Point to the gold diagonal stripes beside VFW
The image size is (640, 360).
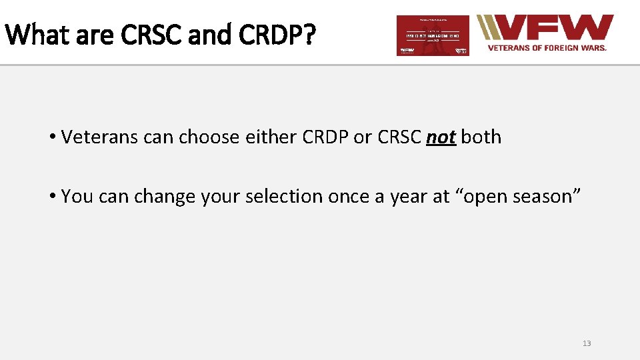click(x=489, y=28)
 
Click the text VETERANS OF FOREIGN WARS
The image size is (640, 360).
click(x=547, y=48)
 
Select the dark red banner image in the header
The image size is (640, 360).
click(x=433, y=35)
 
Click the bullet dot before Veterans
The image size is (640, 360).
click(x=51, y=137)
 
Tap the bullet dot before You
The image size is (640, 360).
click(x=51, y=197)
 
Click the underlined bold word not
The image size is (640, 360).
click(x=441, y=137)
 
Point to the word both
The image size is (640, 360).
click(x=481, y=137)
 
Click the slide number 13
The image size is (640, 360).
click(x=587, y=343)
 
